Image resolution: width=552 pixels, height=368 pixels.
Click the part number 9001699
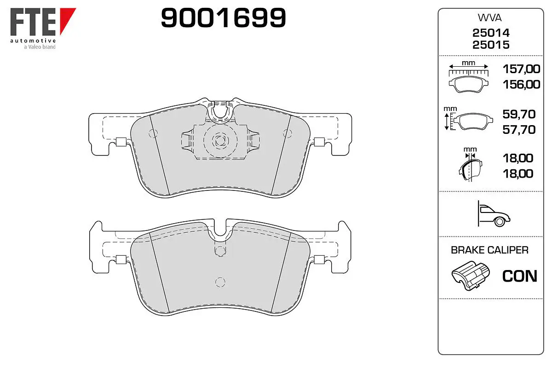[x=223, y=17]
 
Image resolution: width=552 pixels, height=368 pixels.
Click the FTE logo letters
[x=33, y=22]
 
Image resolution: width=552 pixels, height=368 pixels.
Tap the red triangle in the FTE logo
[x=67, y=20]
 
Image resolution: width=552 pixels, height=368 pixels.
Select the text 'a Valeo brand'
[x=40, y=47]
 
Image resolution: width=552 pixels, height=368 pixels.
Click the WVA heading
[x=489, y=18]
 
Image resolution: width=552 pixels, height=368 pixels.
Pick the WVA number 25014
[x=491, y=33]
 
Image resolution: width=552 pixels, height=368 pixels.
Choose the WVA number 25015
[x=491, y=45]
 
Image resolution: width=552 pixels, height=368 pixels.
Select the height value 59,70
[x=519, y=114]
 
